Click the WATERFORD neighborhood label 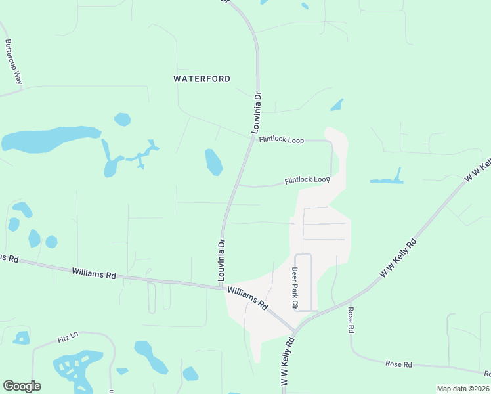tap(202, 79)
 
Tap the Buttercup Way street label tap(13, 62)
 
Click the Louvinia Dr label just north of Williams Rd tap(222, 259)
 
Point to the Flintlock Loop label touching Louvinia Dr tap(281, 140)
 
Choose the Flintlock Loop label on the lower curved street tap(307, 180)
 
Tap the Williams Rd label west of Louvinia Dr tap(94, 273)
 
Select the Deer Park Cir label tap(295, 287)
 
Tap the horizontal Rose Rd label tap(398, 364)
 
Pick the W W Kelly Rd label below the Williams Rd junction tap(286, 361)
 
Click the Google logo tap(22, 385)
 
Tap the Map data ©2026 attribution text tap(463, 389)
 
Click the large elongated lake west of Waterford tap(49, 140)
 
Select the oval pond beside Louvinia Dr tap(213, 162)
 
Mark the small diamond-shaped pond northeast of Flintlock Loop tap(337, 104)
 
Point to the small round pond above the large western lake tap(122, 120)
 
